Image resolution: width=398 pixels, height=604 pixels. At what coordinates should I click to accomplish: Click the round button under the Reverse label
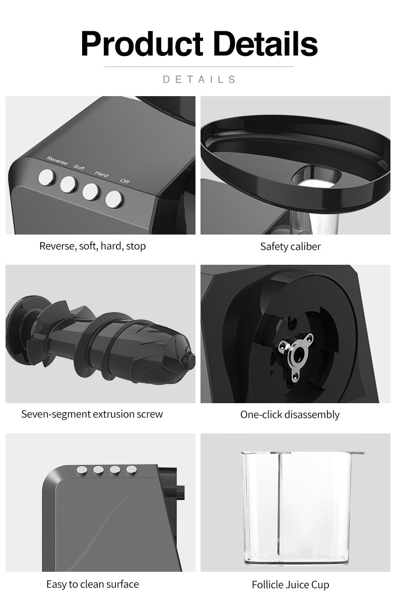click(x=47, y=178)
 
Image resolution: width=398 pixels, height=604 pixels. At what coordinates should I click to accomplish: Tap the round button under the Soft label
click(x=69, y=185)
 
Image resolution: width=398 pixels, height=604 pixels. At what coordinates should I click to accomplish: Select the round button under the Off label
click(x=114, y=199)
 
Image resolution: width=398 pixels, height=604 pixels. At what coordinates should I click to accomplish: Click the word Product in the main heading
click(x=142, y=44)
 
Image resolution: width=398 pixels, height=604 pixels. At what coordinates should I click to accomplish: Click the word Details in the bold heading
click(x=267, y=43)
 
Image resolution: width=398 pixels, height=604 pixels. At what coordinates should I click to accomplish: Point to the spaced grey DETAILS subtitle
click(x=199, y=80)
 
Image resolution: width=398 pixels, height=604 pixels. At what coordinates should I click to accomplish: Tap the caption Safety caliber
click(x=290, y=247)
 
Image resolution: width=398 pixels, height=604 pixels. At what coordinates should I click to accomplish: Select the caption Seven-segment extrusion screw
click(x=92, y=414)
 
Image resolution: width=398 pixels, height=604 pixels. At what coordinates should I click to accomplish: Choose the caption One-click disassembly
click(x=290, y=415)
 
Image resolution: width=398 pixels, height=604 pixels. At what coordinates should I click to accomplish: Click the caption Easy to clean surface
click(x=93, y=584)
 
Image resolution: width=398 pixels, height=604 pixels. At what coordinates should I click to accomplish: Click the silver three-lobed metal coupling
click(x=296, y=357)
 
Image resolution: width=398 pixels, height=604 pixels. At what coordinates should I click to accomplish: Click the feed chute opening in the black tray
click(x=316, y=176)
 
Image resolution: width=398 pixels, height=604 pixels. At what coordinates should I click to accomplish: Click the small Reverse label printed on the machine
click(x=56, y=161)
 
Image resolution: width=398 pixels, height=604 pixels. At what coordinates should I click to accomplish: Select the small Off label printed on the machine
click(x=125, y=181)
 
